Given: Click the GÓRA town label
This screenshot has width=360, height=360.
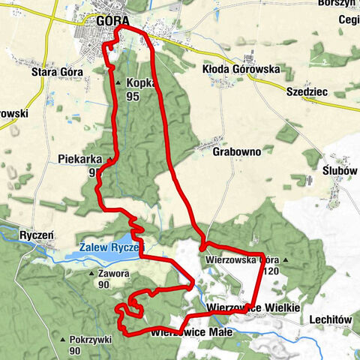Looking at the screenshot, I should (113, 20).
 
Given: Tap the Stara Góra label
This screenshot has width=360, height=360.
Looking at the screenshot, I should (58, 73).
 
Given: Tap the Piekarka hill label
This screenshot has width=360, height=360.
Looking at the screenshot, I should (79, 159).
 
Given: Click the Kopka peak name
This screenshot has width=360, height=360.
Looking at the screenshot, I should (141, 84).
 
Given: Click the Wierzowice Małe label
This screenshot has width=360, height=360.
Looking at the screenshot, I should (193, 331).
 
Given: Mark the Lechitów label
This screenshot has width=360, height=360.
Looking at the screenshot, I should (330, 319).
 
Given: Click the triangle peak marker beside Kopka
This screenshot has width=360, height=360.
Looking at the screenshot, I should (118, 83).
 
